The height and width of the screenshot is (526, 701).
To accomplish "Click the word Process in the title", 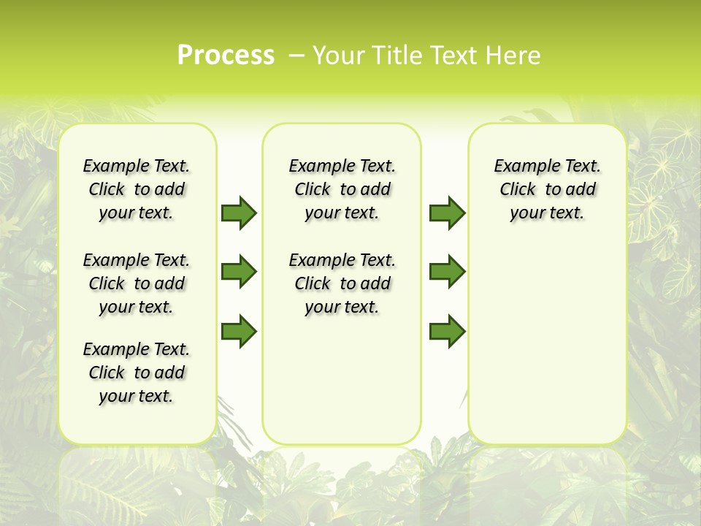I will (226, 55).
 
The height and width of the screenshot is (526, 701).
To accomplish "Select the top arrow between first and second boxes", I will (239, 213).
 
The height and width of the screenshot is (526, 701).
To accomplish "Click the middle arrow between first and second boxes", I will (239, 272).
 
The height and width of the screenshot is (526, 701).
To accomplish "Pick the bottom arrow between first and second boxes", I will (239, 330).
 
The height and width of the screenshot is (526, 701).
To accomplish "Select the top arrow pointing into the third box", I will (447, 213).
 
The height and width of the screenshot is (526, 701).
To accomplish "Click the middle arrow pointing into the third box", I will (447, 272).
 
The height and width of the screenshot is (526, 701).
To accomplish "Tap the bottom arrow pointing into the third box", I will (447, 330).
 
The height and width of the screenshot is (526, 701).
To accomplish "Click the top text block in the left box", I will (136, 189).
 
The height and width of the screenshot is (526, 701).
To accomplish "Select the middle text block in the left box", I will (136, 283).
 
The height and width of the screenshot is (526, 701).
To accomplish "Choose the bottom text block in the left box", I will (136, 373).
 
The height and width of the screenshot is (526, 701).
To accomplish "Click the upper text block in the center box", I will (342, 189).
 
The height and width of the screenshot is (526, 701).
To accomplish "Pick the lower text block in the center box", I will (342, 283).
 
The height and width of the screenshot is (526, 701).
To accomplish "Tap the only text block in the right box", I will (547, 189).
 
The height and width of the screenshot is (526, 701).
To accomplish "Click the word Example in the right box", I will (524, 167).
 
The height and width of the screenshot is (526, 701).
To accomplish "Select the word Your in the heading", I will (339, 56).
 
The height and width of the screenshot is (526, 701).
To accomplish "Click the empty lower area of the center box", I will (342, 380).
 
